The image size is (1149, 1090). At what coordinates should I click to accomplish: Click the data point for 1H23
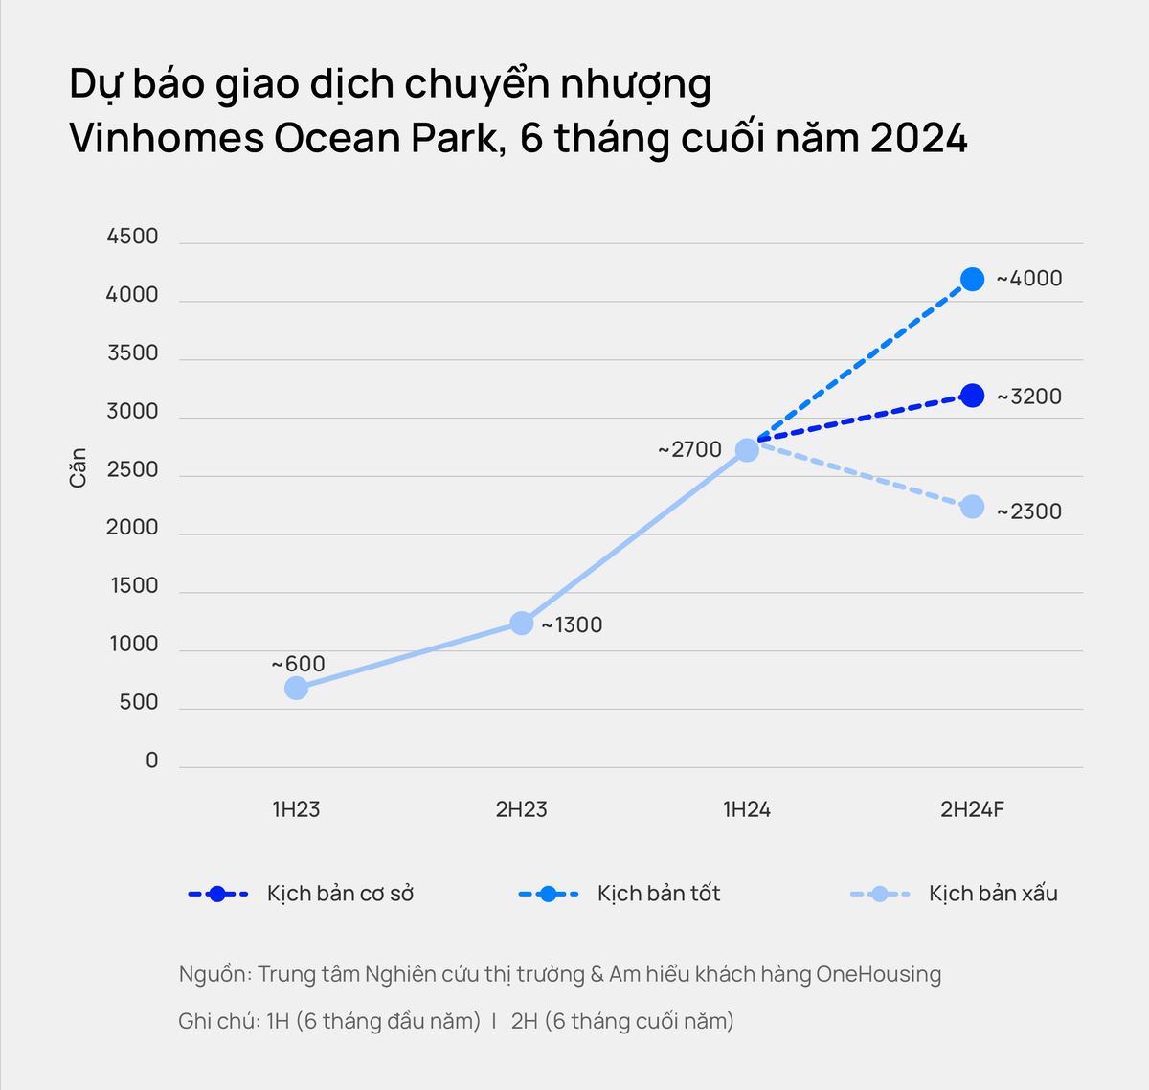(x=296, y=688)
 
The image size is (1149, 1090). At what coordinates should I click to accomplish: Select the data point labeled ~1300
(x=521, y=624)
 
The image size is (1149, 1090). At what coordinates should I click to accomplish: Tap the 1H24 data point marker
(x=747, y=449)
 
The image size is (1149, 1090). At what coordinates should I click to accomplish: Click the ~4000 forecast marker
(x=972, y=280)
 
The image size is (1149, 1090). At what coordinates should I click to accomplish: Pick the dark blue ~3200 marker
(x=972, y=396)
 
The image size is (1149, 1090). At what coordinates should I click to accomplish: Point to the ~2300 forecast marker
(x=972, y=507)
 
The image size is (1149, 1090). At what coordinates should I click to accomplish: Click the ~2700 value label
(x=689, y=449)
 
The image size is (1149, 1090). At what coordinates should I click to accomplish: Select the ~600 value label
(x=298, y=664)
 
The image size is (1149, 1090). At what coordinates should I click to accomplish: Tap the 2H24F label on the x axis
(x=972, y=809)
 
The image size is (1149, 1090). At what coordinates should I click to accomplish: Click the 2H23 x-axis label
(x=521, y=809)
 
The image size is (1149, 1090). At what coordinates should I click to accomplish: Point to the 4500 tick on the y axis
(x=132, y=237)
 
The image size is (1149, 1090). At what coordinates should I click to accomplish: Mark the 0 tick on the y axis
(x=151, y=761)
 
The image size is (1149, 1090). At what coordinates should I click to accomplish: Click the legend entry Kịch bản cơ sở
(x=340, y=894)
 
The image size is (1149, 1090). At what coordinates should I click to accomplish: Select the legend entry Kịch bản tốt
(x=659, y=894)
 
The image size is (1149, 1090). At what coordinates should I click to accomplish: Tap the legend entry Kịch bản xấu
(x=993, y=894)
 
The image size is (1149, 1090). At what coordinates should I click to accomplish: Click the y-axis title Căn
(x=78, y=467)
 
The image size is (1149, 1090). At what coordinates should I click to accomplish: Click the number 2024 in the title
(x=918, y=138)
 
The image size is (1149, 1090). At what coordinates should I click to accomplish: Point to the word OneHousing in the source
(x=878, y=974)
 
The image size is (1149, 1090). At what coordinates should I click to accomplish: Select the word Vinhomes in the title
(x=167, y=138)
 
